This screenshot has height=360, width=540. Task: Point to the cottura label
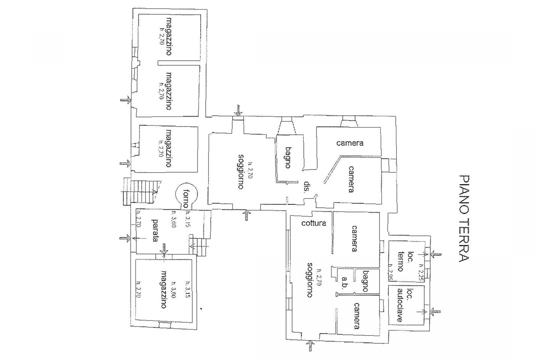314,223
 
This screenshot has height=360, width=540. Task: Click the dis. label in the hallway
306,187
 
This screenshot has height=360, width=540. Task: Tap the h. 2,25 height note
421,275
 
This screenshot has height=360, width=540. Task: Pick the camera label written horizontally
349,143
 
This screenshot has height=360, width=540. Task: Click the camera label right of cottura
354,238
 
